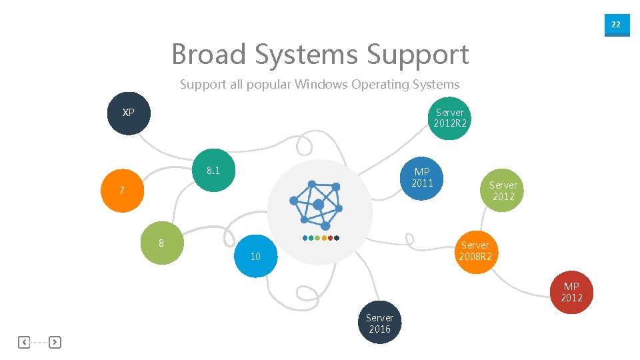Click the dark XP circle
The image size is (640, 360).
129,113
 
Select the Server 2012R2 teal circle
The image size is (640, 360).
449,118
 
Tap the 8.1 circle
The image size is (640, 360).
213,171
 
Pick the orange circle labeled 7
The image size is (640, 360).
122,191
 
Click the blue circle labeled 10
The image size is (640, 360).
255,256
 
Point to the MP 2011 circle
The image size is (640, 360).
422,178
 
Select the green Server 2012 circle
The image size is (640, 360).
503,191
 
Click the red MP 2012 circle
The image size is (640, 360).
571,293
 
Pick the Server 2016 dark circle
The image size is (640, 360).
380,323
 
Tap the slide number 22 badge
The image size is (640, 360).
616,25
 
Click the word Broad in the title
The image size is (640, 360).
208,54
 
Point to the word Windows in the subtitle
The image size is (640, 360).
323,85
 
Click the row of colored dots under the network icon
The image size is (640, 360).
321,238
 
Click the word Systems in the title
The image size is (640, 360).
306,54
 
